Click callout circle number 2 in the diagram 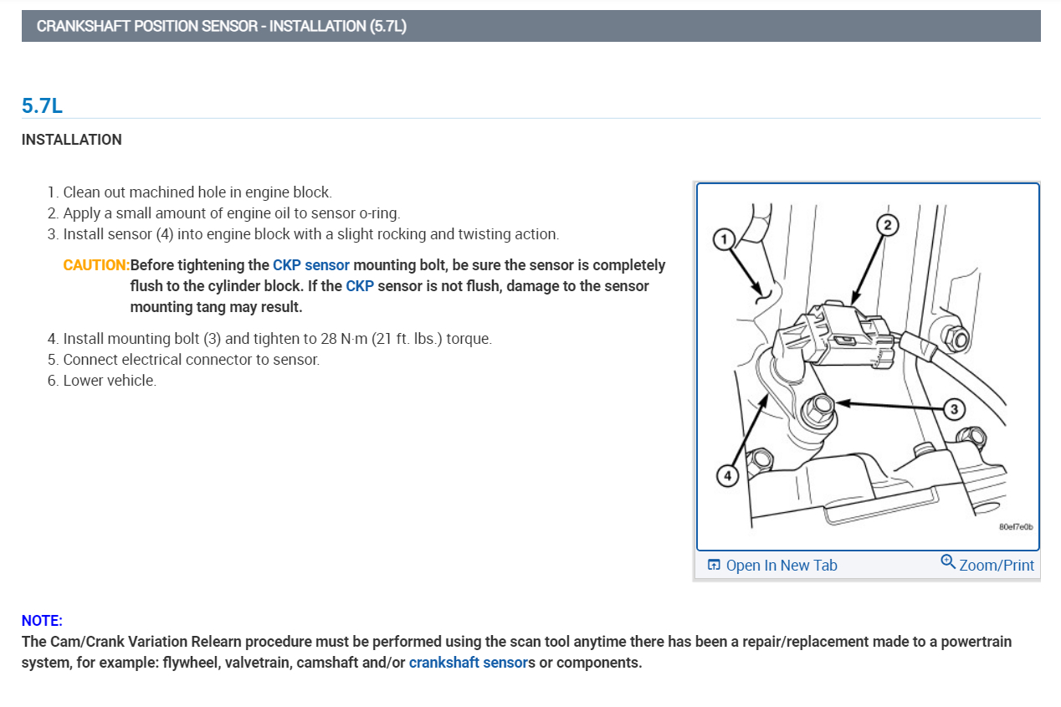887,224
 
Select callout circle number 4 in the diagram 726,475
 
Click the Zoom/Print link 996,566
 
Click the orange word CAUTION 95,265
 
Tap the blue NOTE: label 42,621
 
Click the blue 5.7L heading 42,105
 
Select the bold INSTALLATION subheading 72,140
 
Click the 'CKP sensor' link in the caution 310,265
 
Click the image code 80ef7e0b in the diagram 1016,527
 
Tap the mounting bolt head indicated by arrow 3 817,410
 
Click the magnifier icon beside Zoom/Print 948,561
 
